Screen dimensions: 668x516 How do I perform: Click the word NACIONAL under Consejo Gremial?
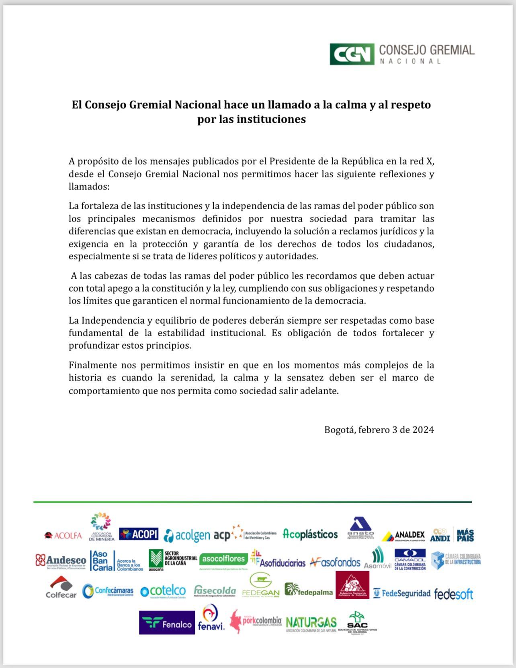pyautogui.click(x=410, y=62)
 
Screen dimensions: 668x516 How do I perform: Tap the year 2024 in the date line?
pyautogui.click(x=423, y=430)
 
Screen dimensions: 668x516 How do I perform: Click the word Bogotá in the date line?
pyautogui.click(x=340, y=430)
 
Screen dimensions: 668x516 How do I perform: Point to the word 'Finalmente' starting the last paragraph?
pyautogui.click(x=93, y=365)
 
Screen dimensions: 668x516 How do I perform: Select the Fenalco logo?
pyautogui.click(x=167, y=623)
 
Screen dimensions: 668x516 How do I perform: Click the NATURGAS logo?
pyautogui.click(x=311, y=623)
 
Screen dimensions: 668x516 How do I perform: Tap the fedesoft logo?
pyautogui.click(x=453, y=594)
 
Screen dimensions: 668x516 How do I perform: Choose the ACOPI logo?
pyautogui.click(x=139, y=534)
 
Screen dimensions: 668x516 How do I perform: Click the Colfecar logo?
pyautogui.click(x=61, y=588)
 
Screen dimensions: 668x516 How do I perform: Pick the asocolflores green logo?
pyautogui.click(x=223, y=559)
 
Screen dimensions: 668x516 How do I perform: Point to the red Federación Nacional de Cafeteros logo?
pyautogui.click(x=352, y=585)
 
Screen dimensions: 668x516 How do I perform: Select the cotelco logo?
pyautogui.click(x=163, y=591)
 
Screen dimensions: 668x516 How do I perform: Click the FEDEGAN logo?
pyautogui.click(x=261, y=586)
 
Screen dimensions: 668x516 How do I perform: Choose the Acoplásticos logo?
pyautogui.click(x=310, y=534)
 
